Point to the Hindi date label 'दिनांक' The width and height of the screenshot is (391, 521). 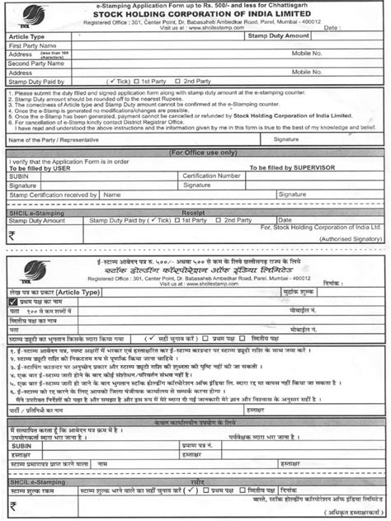329,283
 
